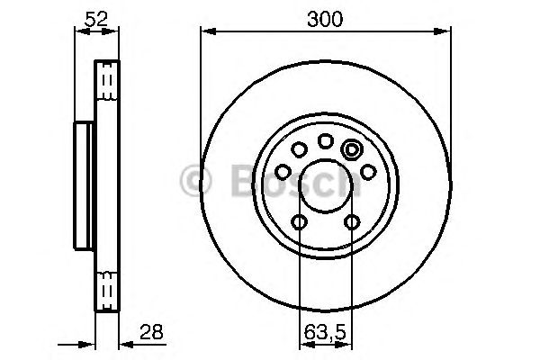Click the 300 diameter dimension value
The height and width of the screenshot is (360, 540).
325,19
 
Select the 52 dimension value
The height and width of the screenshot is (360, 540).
96,19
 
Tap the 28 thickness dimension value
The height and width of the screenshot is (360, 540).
151,332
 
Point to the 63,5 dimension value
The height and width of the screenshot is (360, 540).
325,333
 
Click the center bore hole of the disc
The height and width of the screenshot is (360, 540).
326,186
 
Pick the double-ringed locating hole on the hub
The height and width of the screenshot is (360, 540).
352,150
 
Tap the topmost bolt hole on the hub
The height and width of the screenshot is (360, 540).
326,141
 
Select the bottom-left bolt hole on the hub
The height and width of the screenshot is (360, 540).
300,222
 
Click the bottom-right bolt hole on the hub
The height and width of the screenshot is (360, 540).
352,222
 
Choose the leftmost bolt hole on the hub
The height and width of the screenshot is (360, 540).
283,172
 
